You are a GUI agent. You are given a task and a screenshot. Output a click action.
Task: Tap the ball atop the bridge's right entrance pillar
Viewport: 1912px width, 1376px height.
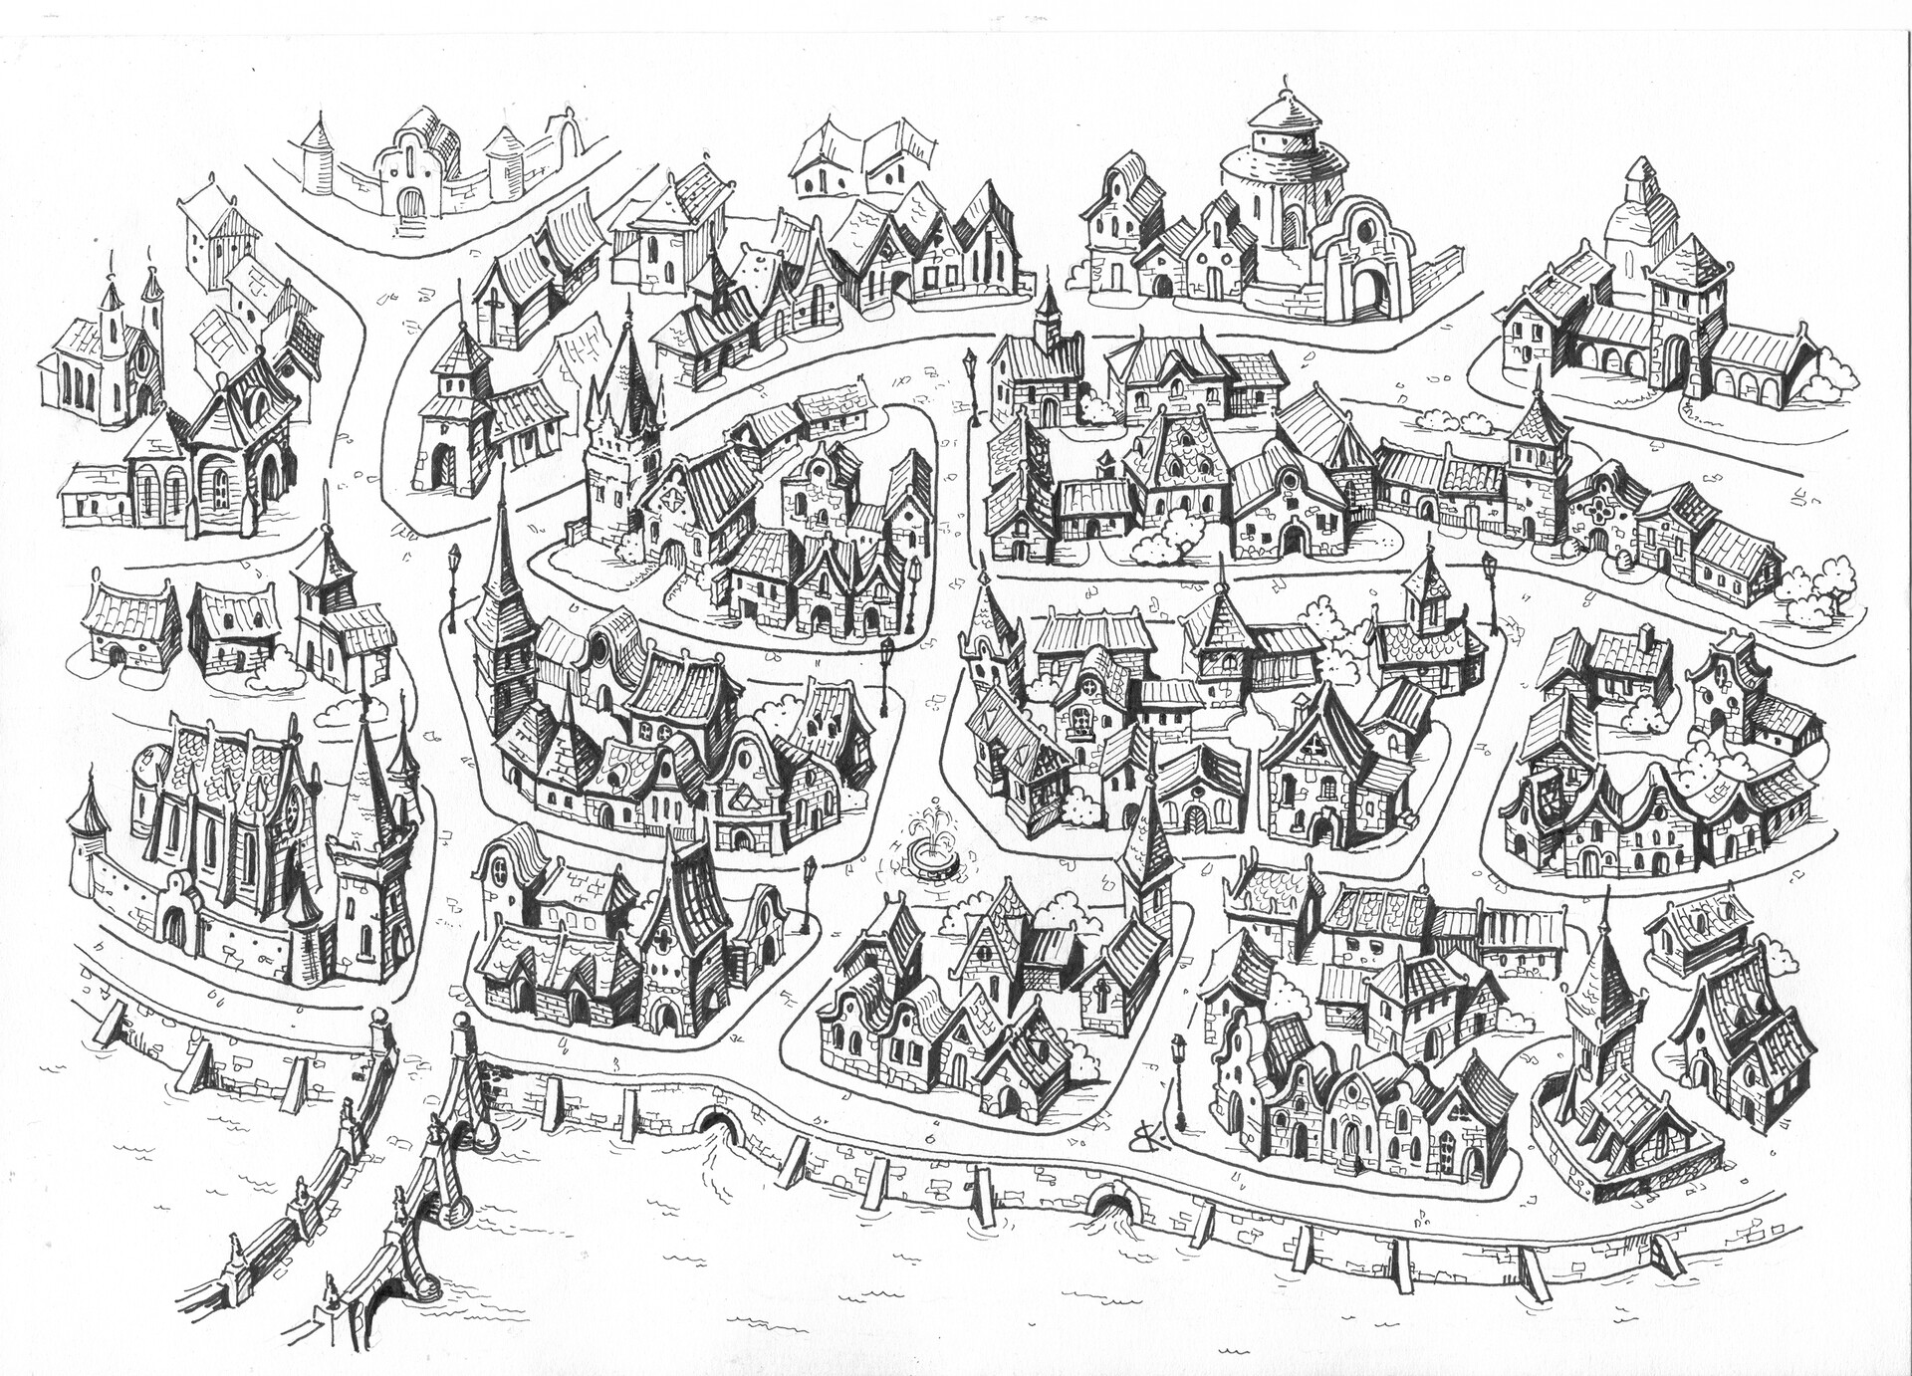(459, 1022)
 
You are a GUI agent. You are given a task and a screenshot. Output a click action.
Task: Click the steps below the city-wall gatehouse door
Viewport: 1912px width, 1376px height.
(409, 228)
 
